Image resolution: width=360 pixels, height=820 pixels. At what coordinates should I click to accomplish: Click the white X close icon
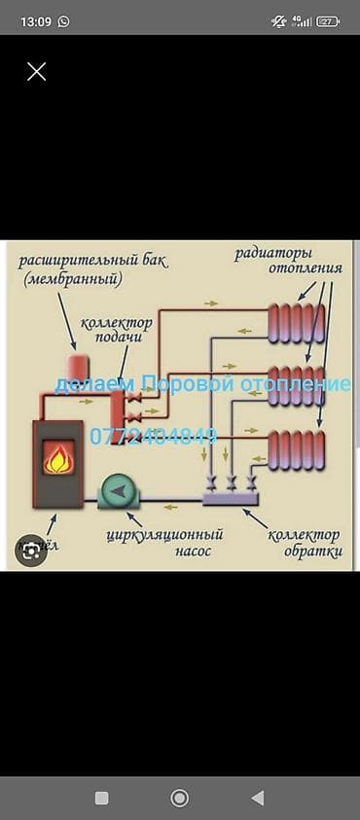pyautogui.click(x=36, y=71)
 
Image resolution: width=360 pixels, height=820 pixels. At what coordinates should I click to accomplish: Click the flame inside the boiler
pyautogui.click(x=59, y=457)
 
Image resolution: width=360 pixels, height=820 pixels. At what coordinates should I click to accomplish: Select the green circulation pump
pyautogui.click(x=118, y=492)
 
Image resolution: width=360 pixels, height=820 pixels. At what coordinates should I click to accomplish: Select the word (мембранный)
pyautogui.click(x=74, y=279)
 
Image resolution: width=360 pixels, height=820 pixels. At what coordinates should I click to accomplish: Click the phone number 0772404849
pyautogui.click(x=153, y=437)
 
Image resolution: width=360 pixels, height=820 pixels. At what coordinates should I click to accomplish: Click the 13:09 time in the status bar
pyautogui.click(x=34, y=19)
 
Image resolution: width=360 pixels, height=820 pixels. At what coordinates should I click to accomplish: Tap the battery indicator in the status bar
pyautogui.click(x=328, y=19)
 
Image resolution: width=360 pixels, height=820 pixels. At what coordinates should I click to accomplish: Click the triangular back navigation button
pyautogui.click(x=257, y=798)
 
